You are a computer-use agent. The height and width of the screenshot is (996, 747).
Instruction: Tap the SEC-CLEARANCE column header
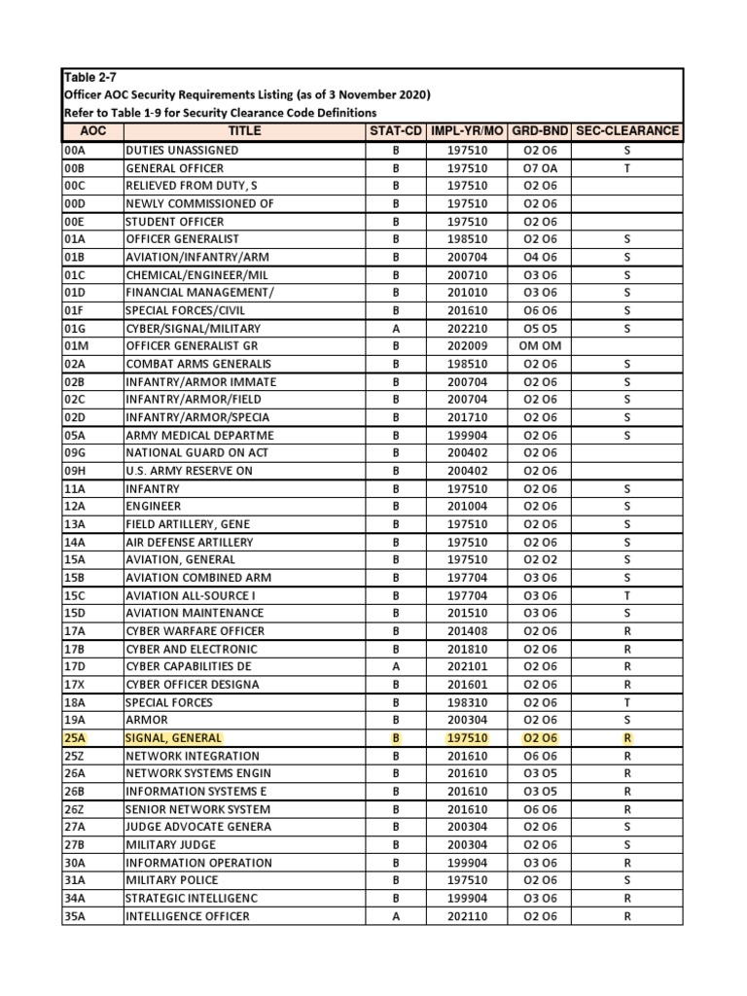[x=627, y=130]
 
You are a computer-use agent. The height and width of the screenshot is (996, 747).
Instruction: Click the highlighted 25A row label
[x=75, y=738]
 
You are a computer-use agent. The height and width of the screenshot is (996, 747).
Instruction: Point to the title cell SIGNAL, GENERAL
[x=173, y=738]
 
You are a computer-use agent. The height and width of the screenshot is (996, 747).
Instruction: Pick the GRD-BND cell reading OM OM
[x=540, y=346]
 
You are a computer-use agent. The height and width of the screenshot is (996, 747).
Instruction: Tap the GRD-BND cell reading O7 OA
[x=540, y=168]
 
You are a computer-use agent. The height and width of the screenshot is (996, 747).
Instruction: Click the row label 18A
[x=75, y=702]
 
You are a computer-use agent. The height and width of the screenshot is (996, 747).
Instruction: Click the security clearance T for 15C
[x=627, y=595]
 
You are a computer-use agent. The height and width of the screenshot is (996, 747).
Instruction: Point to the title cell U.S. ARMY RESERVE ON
[x=189, y=471]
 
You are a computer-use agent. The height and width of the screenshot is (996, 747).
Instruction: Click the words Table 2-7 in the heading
[x=89, y=77]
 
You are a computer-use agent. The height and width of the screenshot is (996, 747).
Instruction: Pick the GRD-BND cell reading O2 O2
[x=540, y=559]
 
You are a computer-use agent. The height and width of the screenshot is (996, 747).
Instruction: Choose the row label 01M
[x=76, y=346]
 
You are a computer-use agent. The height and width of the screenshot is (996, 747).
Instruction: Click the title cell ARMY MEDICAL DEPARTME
[x=199, y=435]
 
